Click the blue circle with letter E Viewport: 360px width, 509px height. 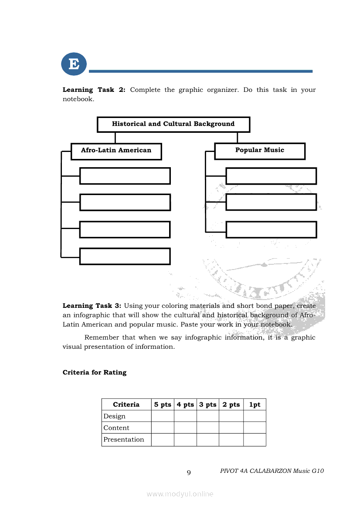click(x=74, y=64)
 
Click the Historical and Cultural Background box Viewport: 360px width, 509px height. click(x=173, y=124)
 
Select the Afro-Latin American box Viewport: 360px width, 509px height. click(x=116, y=151)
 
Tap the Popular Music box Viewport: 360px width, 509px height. click(x=260, y=151)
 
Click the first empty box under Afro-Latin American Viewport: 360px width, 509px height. click(x=125, y=176)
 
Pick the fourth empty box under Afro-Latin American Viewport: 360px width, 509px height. click(x=125, y=256)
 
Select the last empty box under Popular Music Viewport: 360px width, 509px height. click(x=271, y=229)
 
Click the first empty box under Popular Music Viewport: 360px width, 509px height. click(x=271, y=176)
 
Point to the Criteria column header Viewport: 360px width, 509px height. click(x=126, y=405)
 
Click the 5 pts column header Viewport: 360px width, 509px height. click(x=163, y=405)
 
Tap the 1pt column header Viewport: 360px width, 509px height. click(x=255, y=405)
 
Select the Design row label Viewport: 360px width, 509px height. click(x=114, y=416)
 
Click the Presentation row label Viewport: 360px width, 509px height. click(x=124, y=439)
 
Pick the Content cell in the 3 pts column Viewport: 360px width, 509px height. click(x=207, y=428)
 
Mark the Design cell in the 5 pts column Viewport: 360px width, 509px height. click(x=163, y=416)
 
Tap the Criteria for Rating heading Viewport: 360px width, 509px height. click(x=95, y=372)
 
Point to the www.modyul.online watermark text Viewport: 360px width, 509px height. click(x=180, y=494)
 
